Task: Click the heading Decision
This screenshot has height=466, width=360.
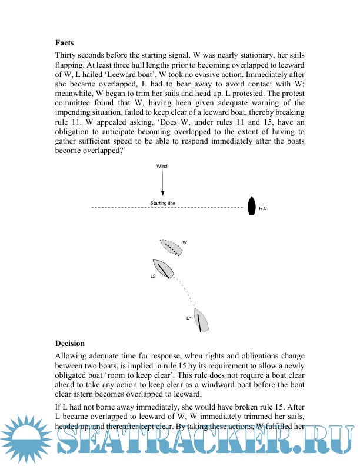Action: point(70,343)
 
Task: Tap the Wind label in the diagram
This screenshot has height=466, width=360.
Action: point(162,167)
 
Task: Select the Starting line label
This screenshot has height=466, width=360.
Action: point(163,203)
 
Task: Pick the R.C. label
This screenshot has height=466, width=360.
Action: point(264,209)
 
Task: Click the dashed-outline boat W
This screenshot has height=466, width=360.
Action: point(171,247)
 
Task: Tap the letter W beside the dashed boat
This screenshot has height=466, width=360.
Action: point(185,242)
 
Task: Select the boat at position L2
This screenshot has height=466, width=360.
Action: point(163,268)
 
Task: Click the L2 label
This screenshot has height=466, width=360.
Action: point(153,275)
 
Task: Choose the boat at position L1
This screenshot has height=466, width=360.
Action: point(202,320)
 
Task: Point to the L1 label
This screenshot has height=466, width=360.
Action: point(189,318)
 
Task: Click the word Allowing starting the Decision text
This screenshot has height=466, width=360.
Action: point(72,356)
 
